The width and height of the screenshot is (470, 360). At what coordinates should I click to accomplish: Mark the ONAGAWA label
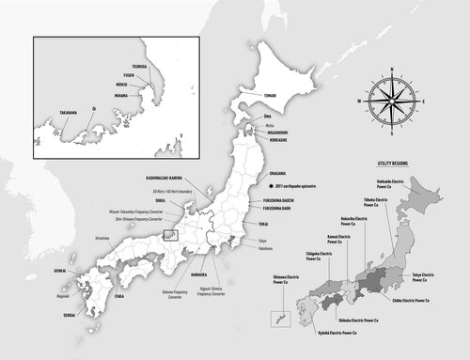point(264,172)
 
